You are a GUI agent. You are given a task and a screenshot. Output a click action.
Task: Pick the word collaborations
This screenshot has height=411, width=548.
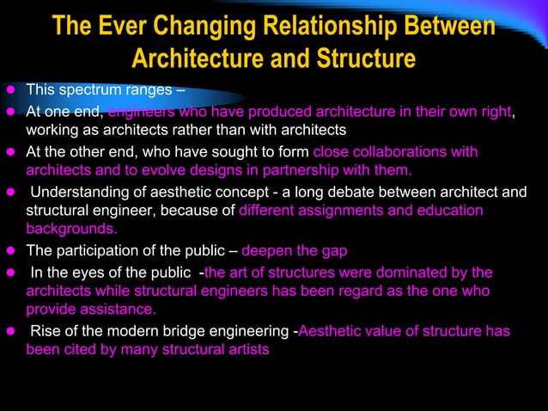[x=403, y=151]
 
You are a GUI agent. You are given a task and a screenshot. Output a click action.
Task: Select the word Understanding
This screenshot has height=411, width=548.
[x=79, y=191]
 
